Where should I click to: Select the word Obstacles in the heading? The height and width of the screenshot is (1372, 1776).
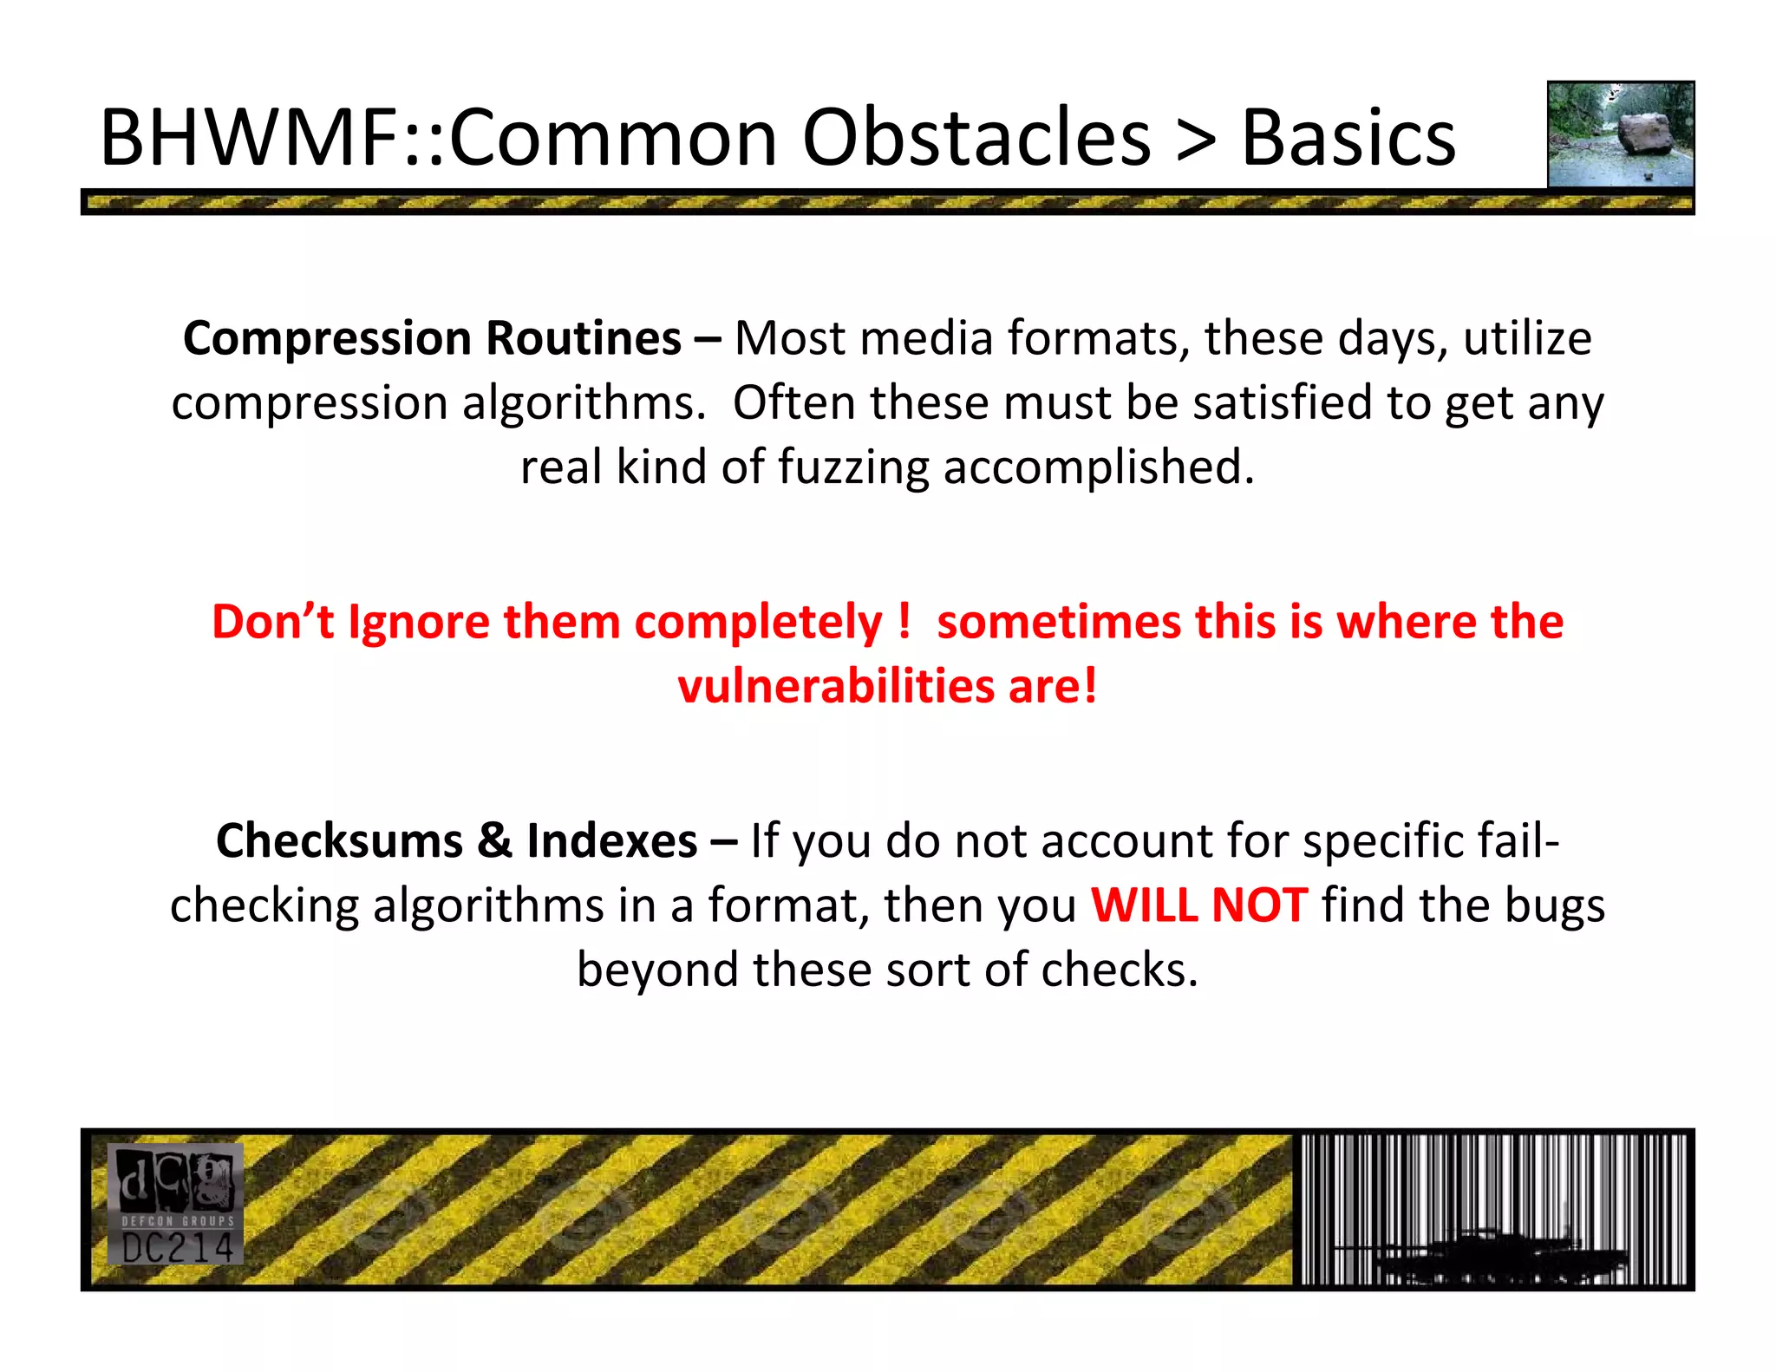[x=976, y=139]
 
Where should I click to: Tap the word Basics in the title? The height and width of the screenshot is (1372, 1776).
[x=1349, y=139]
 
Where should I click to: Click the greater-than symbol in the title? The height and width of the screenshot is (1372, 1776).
[x=1196, y=139]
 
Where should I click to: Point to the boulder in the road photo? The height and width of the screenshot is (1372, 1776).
[x=1644, y=134]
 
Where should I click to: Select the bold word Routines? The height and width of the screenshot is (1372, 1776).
[x=583, y=339]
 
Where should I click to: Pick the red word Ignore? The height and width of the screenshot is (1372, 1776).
[x=418, y=623]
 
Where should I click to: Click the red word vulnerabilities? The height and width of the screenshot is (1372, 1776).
[x=836, y=687]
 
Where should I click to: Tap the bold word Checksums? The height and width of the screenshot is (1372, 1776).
[x=339, y=841]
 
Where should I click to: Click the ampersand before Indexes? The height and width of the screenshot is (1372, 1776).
[x=494, y=841]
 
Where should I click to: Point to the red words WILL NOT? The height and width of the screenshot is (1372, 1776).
[x=1198, y=905]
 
